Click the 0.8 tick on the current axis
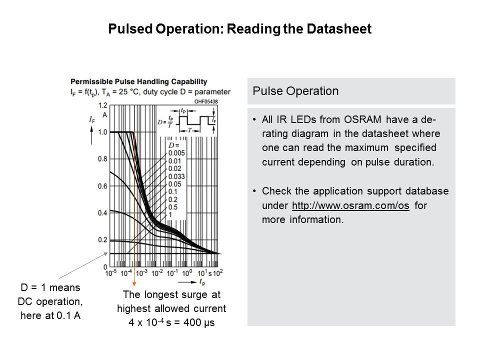[101, 159]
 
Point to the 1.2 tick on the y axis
[101, 105]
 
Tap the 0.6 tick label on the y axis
[101, 186]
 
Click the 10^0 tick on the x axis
[186, 273]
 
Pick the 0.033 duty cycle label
[177, 176]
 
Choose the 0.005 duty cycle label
[177, 152]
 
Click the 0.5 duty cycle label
[172, 207]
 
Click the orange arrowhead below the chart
[134, 283]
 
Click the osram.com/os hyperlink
[350, 206]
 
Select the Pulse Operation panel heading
[295, 91]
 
